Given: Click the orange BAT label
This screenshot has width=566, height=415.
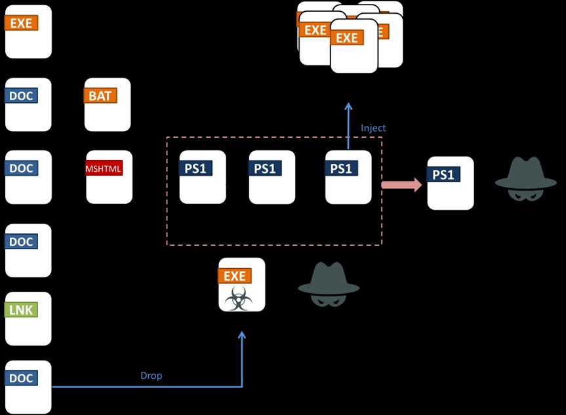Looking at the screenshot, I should point(100,96).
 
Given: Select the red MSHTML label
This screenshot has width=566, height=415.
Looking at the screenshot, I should point(104,168).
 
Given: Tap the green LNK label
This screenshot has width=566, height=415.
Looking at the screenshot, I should point(21,309).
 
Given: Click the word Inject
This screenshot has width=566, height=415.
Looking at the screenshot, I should point(373,128).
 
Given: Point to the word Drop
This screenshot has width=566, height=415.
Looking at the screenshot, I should point(151,376).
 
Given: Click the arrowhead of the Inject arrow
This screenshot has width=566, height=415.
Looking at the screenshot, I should point(348,106).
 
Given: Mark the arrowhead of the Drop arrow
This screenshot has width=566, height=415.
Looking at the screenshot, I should point(241,336).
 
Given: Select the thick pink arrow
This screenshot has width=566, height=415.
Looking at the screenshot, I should point(402,185).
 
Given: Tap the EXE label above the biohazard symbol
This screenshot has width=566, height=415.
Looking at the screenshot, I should point(235,276).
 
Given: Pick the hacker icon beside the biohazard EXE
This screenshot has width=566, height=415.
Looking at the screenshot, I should point(329,285).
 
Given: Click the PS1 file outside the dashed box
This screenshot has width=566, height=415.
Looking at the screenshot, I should point(450,183).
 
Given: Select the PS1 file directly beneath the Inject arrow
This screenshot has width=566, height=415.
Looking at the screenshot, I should point(348,177).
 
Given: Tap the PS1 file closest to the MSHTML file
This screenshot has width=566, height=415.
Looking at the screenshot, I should point(203,177).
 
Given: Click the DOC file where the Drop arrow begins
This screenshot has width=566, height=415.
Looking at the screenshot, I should point(28,387).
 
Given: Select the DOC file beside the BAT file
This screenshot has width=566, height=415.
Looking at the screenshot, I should point(28,104).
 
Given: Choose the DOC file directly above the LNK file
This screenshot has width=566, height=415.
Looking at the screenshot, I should point(28,250).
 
